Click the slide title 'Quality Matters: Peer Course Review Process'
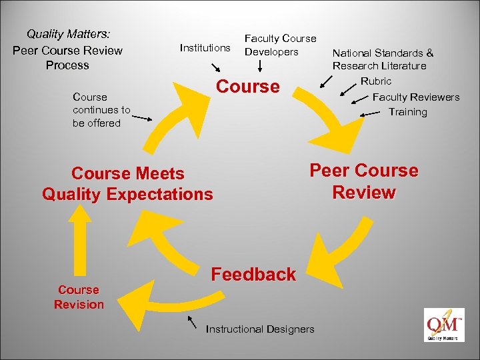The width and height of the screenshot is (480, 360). click(x=68, y=49)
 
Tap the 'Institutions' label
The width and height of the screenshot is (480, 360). click(x=205, y=47)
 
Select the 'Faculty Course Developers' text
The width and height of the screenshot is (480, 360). click(x=280, y=45)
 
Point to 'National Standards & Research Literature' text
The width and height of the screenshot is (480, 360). click(x=383, y=59)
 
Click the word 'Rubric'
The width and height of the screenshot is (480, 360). click(x=376, y=81)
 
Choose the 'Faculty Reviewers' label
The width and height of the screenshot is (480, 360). click(x=415, y=97)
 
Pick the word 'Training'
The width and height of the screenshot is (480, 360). click(x=407, y=112)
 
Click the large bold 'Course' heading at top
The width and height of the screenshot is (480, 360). click(x=248, y=87)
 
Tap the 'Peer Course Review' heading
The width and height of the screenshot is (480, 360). click(x=364, y=181)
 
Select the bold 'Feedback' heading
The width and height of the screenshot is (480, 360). click(x=253, y=274)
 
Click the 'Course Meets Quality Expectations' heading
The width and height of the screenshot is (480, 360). click(x=127, y=184)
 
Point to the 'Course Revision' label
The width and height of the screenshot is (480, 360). click(x=79, y=297)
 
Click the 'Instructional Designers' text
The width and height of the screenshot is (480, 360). click(x=260, y=329)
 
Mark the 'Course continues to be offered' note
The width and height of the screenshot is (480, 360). click(x=101, y=110)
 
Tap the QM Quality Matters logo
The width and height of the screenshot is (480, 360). click(x=443, y=325)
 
